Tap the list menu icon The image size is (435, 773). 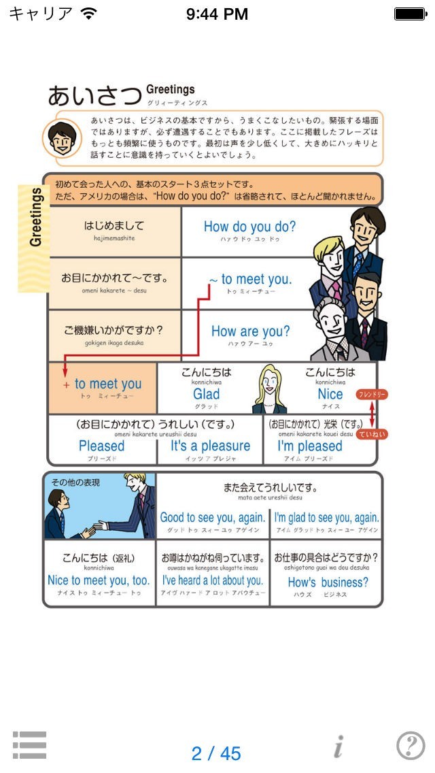pos(29,745)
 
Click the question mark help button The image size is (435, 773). pos(411,746)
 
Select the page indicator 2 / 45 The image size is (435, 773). pos(216,753)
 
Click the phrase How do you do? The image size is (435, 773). pos(249,227)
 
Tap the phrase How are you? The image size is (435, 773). pos(250,331)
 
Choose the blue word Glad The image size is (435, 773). pos(206,394)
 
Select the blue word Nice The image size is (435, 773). pos(330,394)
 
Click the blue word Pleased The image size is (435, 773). pos(102,446)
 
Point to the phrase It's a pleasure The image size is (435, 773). pos(210,446)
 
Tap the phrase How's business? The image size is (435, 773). pos(328,582)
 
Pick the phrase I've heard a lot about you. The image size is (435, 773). pos(212,580)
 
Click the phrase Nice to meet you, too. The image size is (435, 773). pos(99,580)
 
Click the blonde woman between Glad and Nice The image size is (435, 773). pos(269,389)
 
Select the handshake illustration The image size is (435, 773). pos(100,506)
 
